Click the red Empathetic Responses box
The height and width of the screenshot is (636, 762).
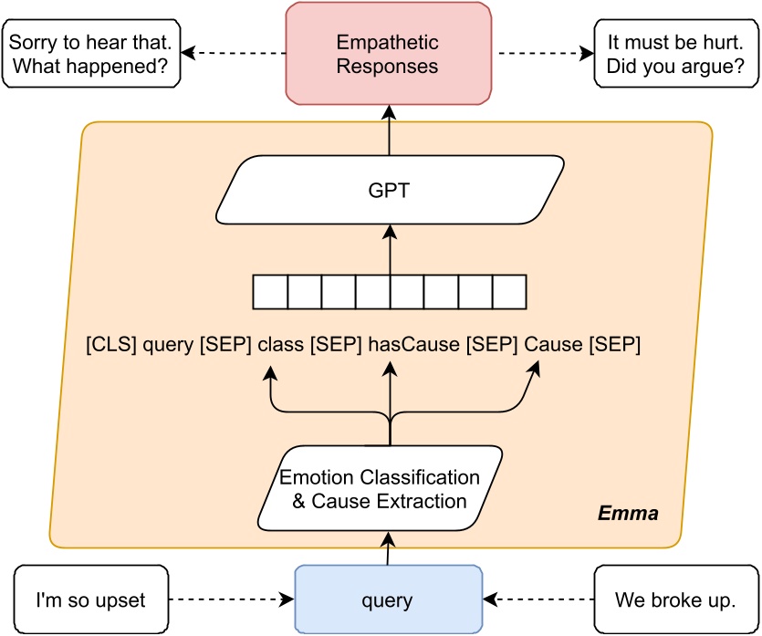point(389,54)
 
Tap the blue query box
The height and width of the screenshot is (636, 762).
point(389,600)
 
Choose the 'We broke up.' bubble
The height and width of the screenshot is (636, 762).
point(675,600)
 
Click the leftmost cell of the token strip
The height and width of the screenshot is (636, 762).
point(270,293)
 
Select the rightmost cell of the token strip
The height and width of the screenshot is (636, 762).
point(509,293)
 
